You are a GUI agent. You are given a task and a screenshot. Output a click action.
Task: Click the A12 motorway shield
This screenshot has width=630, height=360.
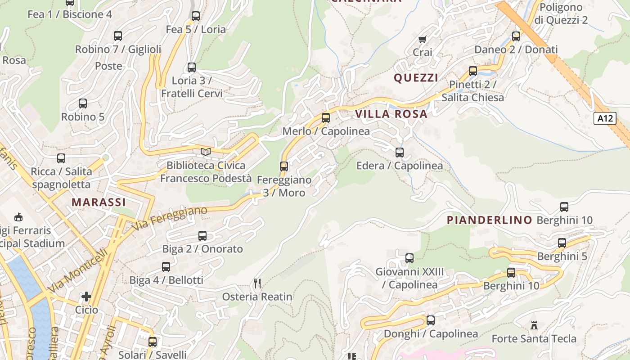pyautogui.click(x=605, y=118)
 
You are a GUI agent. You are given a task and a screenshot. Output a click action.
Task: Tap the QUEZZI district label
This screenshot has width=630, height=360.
pyautogui.click(x=416, y=78)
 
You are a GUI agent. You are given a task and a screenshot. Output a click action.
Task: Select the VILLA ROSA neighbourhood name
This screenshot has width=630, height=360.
pyautogui.click(x=391, y=114)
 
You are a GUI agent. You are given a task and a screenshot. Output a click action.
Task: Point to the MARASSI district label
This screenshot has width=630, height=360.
pyautogui.click(x=99, y=202)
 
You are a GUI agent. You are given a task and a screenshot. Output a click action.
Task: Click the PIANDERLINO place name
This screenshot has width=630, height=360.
pyautogui.click(x=490, y=220)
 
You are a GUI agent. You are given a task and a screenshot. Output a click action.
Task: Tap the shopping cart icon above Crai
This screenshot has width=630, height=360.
pyautogui.click(x=422, y=40)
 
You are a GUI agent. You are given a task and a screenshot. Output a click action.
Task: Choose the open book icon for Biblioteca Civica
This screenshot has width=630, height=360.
pyautogui.click(x=206, y=152)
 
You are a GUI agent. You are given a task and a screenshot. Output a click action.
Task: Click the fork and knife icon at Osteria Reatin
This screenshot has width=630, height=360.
pyautogui.click(x=257, y=283)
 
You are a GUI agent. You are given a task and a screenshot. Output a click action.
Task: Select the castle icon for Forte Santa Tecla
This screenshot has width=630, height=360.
pyautogui.click(x=534, y=325)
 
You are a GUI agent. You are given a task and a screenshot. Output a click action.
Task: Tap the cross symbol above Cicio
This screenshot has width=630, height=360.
pyautogui.click(x=86, y=297)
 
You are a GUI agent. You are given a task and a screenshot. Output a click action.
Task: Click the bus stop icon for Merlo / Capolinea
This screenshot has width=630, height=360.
pyautogui.click(x=325, y=118)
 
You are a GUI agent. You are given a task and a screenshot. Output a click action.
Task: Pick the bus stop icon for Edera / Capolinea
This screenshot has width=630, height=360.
pyautogui.click(x=399, y=152)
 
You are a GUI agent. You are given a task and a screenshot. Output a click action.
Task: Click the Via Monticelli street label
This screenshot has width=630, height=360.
pyautogui.click(x=78, y=270)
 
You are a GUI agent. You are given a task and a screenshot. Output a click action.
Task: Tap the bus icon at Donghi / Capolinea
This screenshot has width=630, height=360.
pyautogui.click(x=431, y=320)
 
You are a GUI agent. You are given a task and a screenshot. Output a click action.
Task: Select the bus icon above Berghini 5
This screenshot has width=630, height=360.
pyautogui.click(x=562, y=243)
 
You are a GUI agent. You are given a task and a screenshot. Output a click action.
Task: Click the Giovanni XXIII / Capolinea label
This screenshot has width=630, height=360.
pyautogui.click(x=409, y=278)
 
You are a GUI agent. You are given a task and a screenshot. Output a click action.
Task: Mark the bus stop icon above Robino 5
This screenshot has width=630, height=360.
pyautogui.click(x=83, y=103)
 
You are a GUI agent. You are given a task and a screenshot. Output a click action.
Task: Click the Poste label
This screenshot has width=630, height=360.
pyautogui.click(x=108, y=66)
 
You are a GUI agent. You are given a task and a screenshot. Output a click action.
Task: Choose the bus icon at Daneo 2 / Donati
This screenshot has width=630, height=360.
pyautogui.click(x=516, y=36)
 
